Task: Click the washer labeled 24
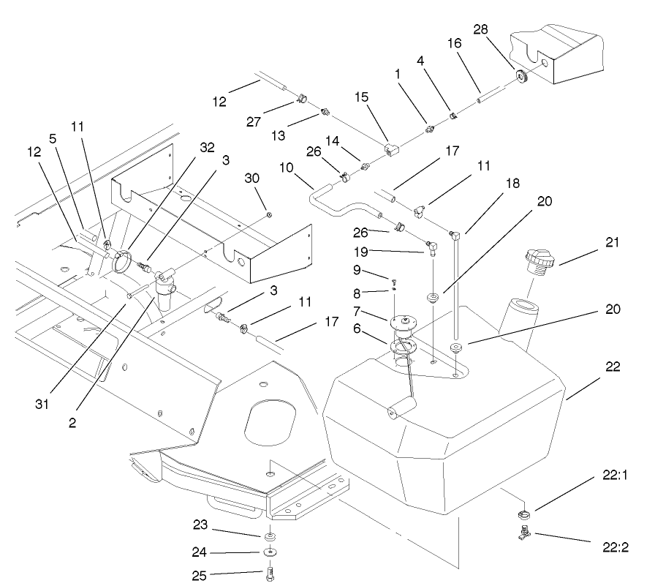(x=270, y=552)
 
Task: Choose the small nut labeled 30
(x=269, y=214)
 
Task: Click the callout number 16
(x=455, y=45)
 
